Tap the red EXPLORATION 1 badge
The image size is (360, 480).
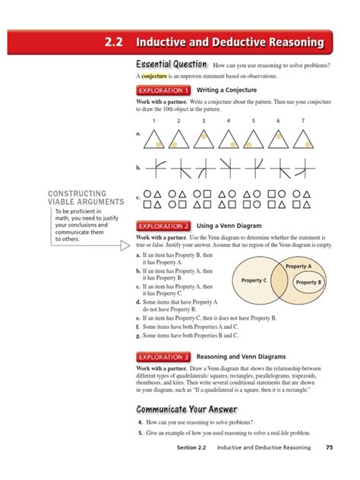(x=163, y=90)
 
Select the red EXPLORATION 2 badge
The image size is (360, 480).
(x=163, y=226)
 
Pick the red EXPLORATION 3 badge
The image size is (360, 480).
(x=163, y=356)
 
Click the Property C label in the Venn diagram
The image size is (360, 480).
(x=254, y=280)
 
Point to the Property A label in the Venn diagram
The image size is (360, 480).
(x=298, y=267)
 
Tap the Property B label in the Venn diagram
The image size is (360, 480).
(x=308, y=283)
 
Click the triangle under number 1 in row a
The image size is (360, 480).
(x=153, y=137)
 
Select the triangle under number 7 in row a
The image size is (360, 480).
(x=303, y=137)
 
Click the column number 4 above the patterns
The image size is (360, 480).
(x=229, y=121)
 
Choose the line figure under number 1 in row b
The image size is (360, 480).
(x=153, y=168)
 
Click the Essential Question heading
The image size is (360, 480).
(x=172, y=65)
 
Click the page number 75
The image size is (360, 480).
(x=329, y=447)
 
